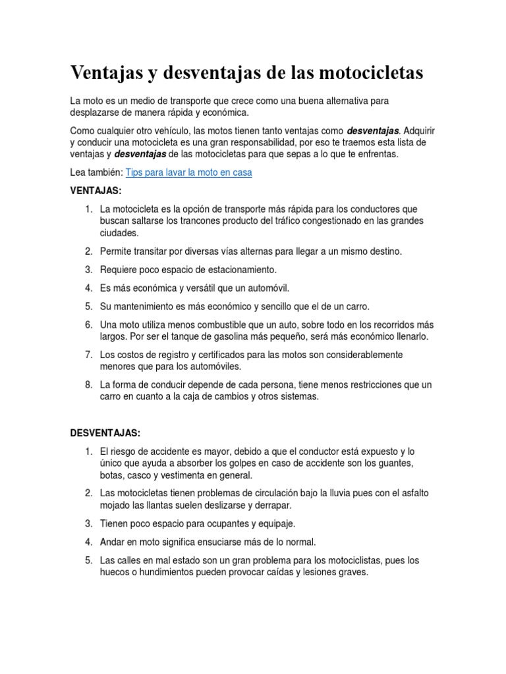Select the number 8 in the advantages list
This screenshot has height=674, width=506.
pyautogui.click(x=88, y=385)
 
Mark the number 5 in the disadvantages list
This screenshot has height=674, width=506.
pyautogui.click(x=88, y=560)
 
